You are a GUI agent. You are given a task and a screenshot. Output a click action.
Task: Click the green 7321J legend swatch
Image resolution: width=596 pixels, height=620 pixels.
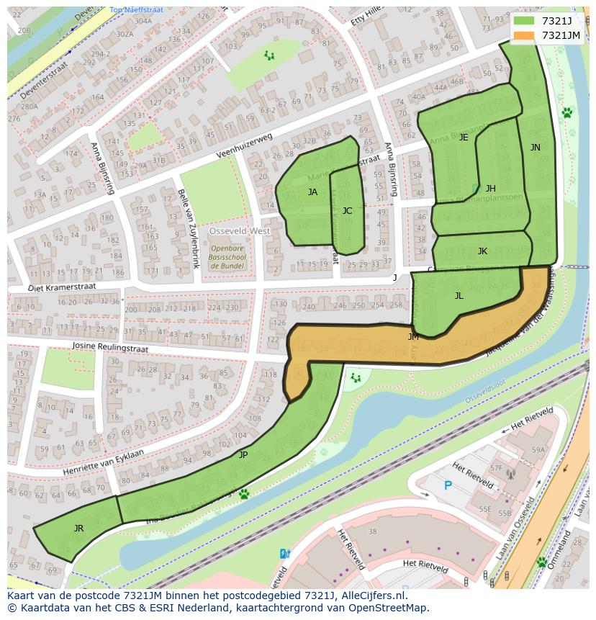click(x=525, y=21)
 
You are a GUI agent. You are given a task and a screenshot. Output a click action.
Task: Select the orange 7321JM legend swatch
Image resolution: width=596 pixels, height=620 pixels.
click(x=525, y=35)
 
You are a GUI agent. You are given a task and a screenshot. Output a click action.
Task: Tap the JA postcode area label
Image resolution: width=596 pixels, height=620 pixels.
click(x=312, y=192)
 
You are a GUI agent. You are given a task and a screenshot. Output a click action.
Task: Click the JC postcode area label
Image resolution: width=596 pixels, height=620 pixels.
click(x=347, y=211)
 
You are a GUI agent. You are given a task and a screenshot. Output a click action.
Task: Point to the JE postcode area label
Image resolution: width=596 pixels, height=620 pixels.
click(x=464, y=138)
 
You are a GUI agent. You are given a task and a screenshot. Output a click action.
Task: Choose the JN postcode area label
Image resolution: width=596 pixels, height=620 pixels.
click(x=535, y=148)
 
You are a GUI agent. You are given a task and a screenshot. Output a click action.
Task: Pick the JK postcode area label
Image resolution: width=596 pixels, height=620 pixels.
click(x=482, y=251)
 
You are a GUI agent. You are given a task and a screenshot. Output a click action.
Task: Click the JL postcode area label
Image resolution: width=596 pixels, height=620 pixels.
click(x=459, y=295)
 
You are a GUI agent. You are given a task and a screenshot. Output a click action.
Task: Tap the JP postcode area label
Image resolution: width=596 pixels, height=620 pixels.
click(x=243, y=455)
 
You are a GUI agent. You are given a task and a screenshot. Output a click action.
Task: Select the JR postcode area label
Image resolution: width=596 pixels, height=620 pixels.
click(x=78, y=529)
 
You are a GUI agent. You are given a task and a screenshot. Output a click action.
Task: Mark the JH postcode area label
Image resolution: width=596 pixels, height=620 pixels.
click(x=490, y=189)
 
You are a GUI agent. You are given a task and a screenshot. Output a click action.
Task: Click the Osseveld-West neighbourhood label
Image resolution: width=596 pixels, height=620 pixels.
click(x=240, y=231)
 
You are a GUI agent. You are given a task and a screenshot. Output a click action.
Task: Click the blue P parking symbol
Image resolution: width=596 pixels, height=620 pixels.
click(x=448, y=486)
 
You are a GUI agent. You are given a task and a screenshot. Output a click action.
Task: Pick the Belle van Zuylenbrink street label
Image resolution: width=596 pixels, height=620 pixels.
click(x=186, y=228)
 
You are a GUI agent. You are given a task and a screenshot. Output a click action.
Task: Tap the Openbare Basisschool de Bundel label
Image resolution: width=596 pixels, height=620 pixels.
click(x=227, y=257)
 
